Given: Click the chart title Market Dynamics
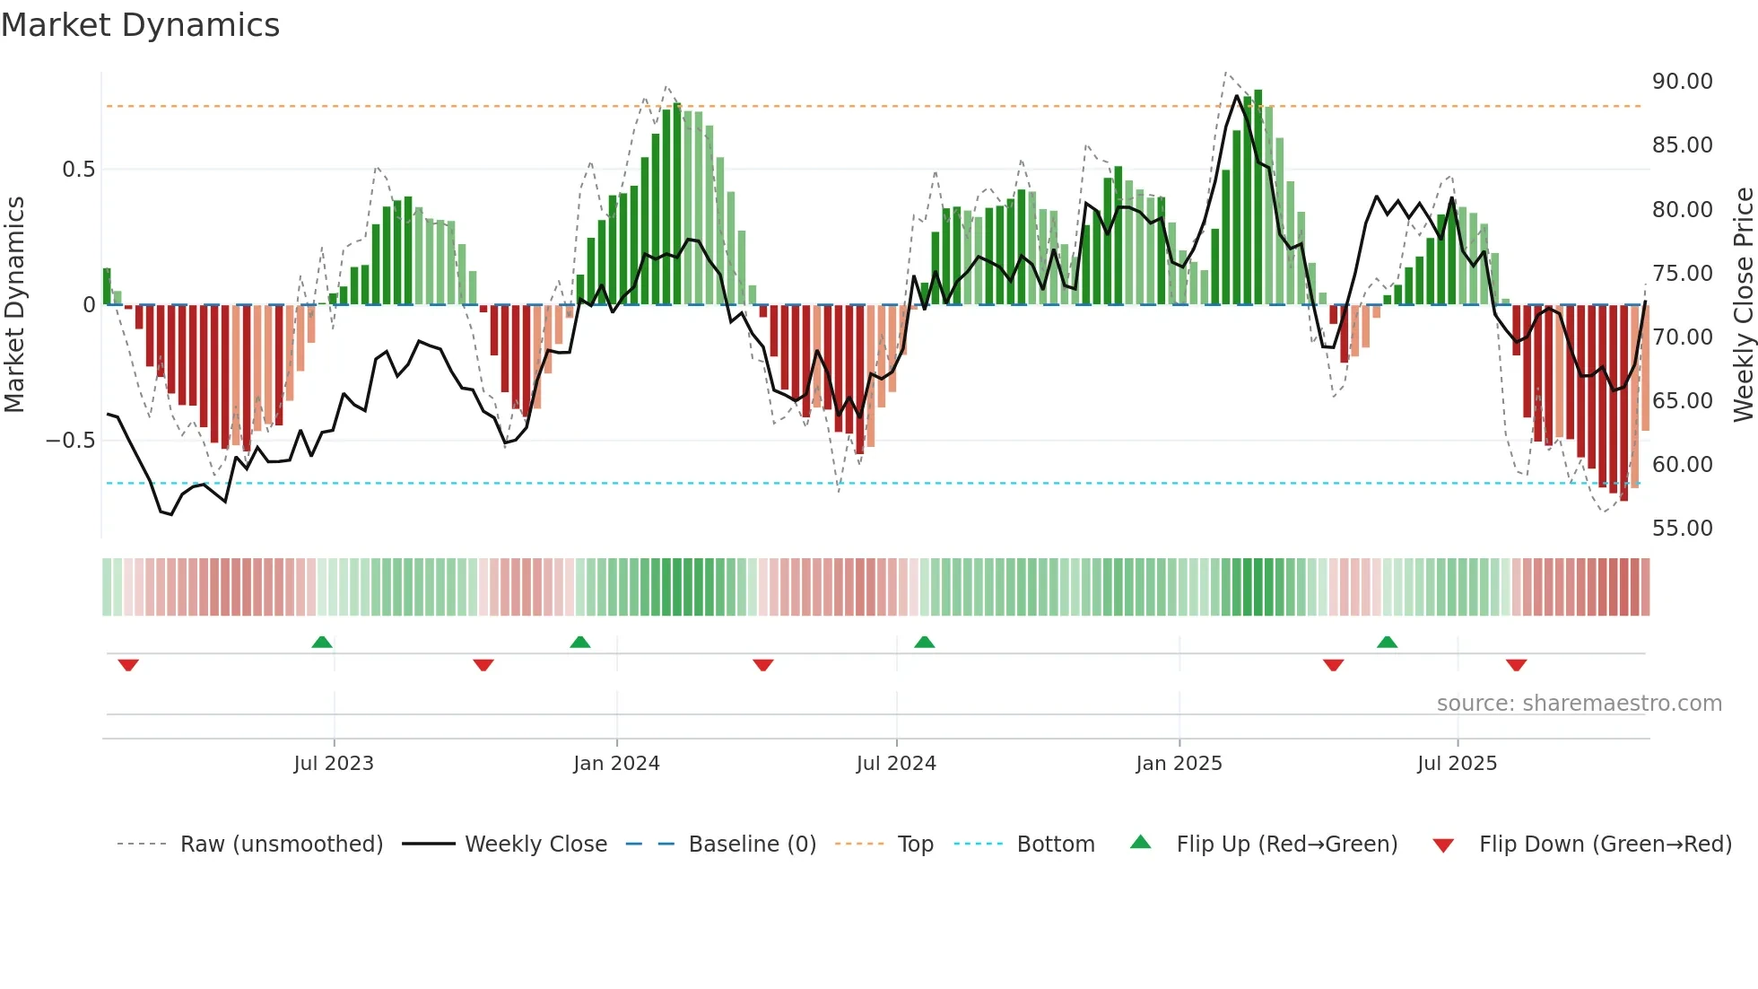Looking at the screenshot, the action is pyautogui.click(x=140, y=25).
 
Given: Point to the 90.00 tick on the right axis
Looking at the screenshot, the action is pyautogui.click(x=1682, y=82).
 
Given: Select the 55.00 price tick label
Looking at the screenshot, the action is pyautogui.click(x=1682, y=529).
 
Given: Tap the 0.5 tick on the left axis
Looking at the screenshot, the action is pyautogui.click(x=78, y=170).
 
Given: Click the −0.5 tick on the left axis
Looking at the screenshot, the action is pyautogui.click(x=70, y=441).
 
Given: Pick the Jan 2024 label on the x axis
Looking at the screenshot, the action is pyautogui.click(x=616, y=764).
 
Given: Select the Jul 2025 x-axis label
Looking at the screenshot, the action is pyautogui.click(x=1457, y=764).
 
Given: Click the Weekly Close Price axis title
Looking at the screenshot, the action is pyautogui.click(x=1743, y=305).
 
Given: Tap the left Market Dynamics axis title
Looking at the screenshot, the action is pyautogui.click(x=14, y=305).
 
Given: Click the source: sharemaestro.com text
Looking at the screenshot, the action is pyautogui.click(x=1579, y=704).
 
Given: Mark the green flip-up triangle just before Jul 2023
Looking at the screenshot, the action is pyautogui.click(x=322, y=642).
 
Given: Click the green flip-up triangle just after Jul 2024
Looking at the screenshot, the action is pyautogui.click(x=924, y=642).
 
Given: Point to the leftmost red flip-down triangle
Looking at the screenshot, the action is pyautogui.click(x=128, y=665).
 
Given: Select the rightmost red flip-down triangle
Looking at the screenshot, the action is pyautogui.click(x=1516, y=665).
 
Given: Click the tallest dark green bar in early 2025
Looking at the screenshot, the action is pyautogui.click(x=1258, y=197).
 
